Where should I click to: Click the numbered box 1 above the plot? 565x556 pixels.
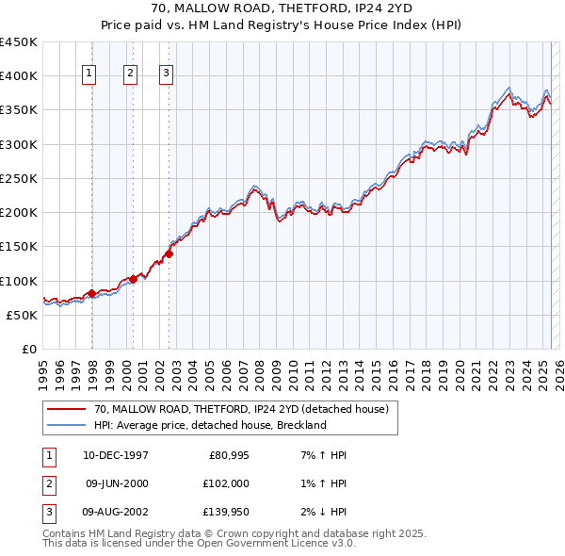point(89,75)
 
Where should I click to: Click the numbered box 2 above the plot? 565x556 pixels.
point(129,75)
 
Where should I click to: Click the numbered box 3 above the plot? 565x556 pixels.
point(166,75)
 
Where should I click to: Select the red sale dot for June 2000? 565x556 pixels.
point(133,279)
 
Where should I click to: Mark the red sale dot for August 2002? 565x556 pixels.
point(169,253)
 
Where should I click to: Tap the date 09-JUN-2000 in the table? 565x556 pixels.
point(116,482)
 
